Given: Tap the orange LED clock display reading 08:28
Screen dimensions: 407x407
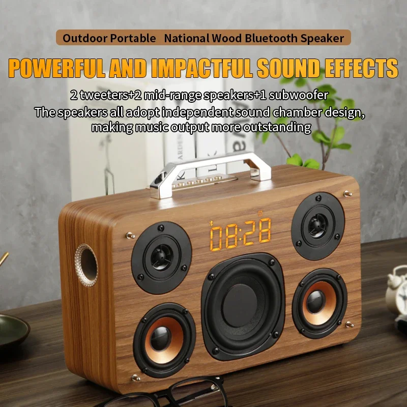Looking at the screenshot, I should tap(241, 235).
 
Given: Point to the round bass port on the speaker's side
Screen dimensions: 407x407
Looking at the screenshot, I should tap(87, 263).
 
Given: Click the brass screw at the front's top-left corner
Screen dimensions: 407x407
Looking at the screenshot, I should tap(129, 235).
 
